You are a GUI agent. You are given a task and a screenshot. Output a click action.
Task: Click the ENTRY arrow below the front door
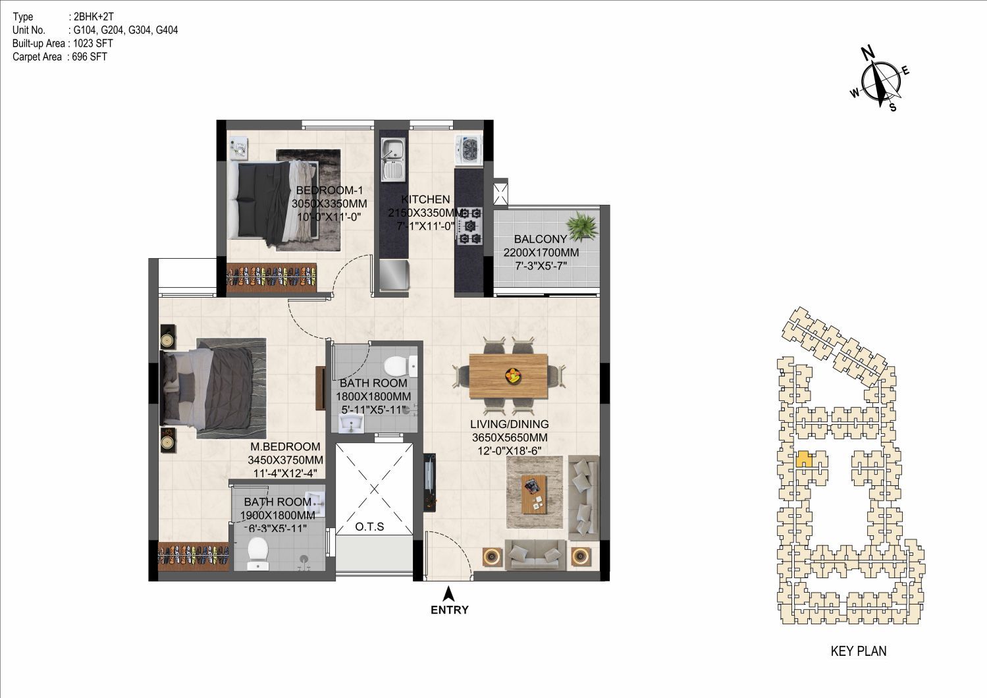point(448,593)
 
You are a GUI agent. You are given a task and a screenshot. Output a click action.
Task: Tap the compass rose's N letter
point(868,53)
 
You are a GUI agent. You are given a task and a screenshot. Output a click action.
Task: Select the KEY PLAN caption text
point(859,651)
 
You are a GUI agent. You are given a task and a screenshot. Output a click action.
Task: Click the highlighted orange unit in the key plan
point(805,459)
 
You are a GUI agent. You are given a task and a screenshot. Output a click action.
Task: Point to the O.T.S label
point(369,527)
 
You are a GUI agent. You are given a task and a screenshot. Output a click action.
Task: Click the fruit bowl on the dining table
point(513,375)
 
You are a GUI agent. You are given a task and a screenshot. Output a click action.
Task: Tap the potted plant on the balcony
point(582,226)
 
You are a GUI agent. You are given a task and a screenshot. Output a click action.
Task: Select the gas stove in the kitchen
point(469,226)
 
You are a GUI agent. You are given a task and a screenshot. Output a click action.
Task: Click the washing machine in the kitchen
point(469,150)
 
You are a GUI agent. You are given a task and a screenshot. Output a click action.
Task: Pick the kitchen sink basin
point(392,159)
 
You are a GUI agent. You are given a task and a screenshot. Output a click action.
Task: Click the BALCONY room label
point(540,239)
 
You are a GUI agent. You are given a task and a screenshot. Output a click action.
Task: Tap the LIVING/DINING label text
point(510,424)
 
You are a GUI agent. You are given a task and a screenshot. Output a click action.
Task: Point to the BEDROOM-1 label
point(330,190)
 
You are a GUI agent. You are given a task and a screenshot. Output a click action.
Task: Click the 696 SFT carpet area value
point(90,57)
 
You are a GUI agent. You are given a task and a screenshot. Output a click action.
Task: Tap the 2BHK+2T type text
point(93,16)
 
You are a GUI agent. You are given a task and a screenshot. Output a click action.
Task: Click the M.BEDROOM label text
point(285,446)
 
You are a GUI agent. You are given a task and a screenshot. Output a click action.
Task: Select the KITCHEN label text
point(425,199)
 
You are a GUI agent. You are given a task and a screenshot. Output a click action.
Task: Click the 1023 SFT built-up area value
point(93,43)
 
